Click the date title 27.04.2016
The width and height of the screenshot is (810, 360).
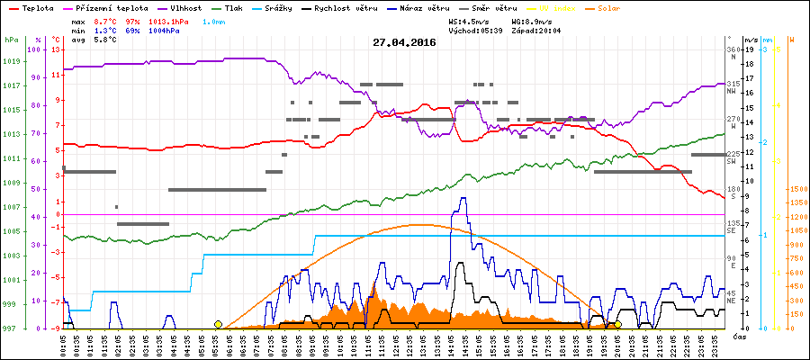click(403, 42)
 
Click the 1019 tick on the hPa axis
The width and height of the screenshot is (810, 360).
click(11, 61)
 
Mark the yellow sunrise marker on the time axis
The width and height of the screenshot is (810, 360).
click(218, 324)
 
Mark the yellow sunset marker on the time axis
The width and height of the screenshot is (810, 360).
click(617, 324)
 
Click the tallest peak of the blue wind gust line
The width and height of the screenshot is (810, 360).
click(463, 199)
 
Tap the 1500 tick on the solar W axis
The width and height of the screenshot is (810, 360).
click(796, 189)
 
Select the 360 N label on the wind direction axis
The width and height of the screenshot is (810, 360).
click(732, 52)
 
